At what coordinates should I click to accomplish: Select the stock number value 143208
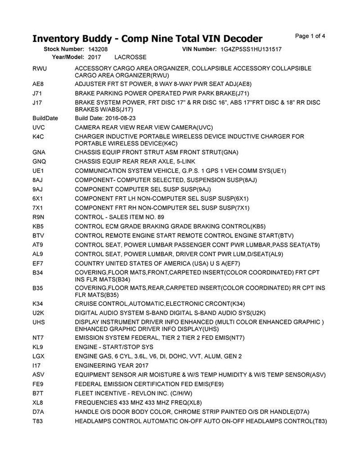(98, 49)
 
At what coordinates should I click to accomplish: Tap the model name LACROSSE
(131, 58)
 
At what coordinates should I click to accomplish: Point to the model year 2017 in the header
(95, 58)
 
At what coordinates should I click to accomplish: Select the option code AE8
(38, 84)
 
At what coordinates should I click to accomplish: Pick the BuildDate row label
(45, 118)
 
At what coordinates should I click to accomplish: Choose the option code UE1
(38, 171)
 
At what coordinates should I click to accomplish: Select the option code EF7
(38, 263)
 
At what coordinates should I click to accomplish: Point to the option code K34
(38, 304)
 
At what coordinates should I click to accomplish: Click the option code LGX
(38, 356)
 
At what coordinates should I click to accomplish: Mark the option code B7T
(38, 393)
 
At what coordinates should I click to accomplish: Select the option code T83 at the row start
(38, 420)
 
